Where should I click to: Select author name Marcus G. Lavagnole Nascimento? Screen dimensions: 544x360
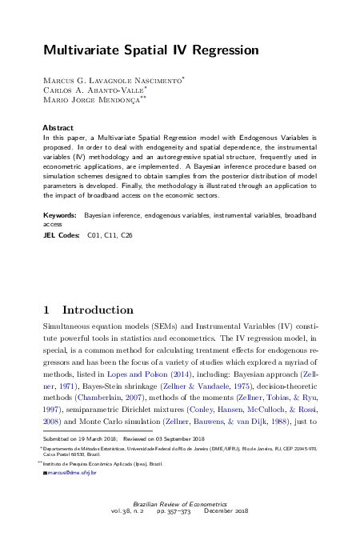(x=112, y=81)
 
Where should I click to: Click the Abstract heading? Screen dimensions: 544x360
(x=56, y=127)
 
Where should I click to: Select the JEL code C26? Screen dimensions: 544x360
(x=126, y=236)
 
